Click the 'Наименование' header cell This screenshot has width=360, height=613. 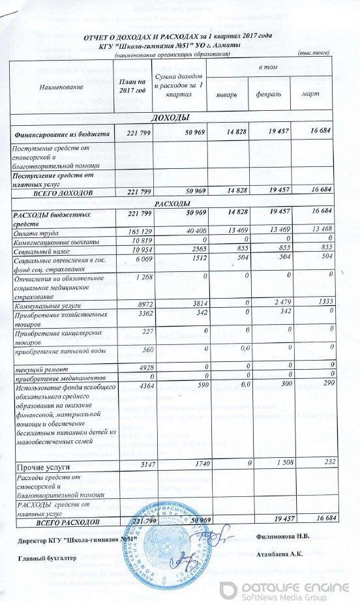62,85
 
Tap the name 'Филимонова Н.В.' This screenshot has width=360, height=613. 283,536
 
